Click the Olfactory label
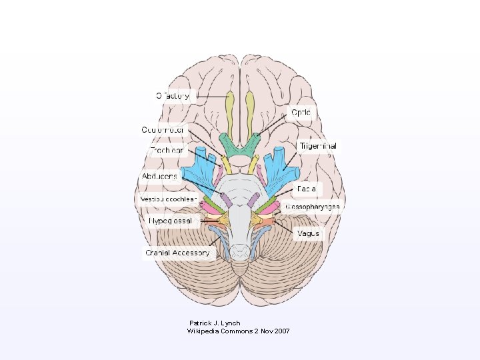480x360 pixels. (x=173, y=96)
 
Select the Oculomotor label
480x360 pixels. (x=163, y=129)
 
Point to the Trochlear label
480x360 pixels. (x=166, y=151)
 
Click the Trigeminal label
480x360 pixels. (x=317, y=146)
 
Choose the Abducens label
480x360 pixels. (x=159, y=176)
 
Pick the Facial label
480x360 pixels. (x=307, y=189)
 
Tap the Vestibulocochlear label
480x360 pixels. (x=168, y=199)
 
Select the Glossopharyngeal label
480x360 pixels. (x=312, y=207)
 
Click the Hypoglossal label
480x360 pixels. (x=171, y=220)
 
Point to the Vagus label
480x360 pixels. (x=309, y=234)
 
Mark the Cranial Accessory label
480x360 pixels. (x=177, y=253)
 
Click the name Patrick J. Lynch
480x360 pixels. (x=215, y=323)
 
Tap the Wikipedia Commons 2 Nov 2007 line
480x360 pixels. (x=238, y=331)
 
